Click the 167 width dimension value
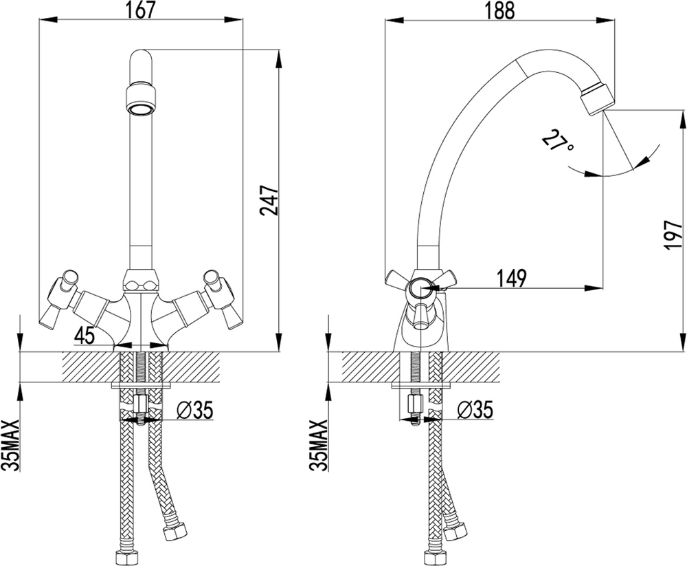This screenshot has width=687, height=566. point(141,10)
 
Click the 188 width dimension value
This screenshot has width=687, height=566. point(499,10)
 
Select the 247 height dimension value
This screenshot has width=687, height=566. point(269,201)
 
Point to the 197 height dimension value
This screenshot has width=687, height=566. point(673,235)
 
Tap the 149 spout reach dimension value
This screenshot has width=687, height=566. point(511,278)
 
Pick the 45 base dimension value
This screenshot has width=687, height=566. point(85,336)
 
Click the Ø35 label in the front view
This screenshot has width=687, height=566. point(194,411)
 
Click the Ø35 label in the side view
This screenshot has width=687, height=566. point(474,409)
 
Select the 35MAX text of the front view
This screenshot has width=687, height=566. point(12,445)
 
